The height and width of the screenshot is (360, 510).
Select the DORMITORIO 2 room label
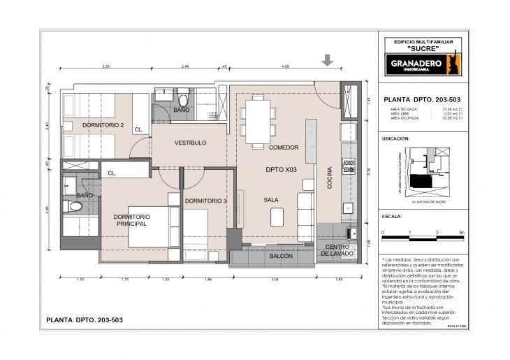click(103, 125)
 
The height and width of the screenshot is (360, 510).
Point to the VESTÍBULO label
click(190, 143)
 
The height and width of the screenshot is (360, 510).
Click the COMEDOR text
click(284, 147)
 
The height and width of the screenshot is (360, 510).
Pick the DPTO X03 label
click(282, 170)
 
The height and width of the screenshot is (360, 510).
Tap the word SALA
click(272, 199)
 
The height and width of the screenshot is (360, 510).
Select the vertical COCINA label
click(329, 178)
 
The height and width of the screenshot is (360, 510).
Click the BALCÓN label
click(281, 257)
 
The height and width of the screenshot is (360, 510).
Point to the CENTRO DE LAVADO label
click(337, 250)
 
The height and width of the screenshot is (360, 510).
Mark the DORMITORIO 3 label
click(206, 201)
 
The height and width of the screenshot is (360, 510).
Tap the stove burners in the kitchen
click(347, 166)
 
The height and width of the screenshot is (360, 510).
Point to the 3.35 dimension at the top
click(105, 66)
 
